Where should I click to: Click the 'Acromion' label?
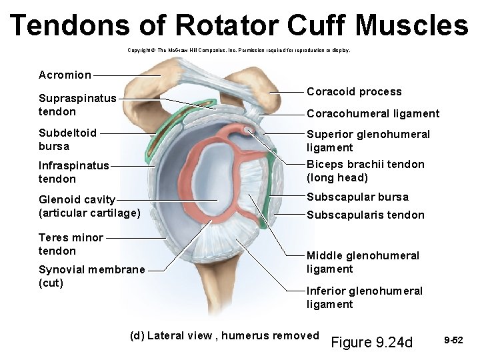click(65, 75)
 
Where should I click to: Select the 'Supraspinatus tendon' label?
click(77, 105)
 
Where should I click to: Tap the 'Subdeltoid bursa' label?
click(67, 139)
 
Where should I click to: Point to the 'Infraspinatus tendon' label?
click(73, 172)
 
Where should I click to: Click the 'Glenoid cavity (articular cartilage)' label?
click(89, 206)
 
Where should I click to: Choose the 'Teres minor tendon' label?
click(71, 244)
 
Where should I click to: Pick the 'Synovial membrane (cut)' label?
click(91, 276)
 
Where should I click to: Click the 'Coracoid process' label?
click(354, 92)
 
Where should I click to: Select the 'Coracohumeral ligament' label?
click(373, 114)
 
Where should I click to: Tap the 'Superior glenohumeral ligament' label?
click(368, 141)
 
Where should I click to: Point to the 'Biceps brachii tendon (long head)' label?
click(365, 171)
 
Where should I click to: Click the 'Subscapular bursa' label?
click(357, 197)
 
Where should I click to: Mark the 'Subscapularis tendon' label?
click(365, 215)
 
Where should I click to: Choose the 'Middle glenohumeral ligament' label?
click(363, 262)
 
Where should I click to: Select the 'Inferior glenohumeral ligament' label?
click(364, 297)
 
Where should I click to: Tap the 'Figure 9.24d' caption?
click(372, 343)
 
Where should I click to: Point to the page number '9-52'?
click(453, 340)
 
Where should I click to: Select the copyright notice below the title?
click(238, 50)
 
